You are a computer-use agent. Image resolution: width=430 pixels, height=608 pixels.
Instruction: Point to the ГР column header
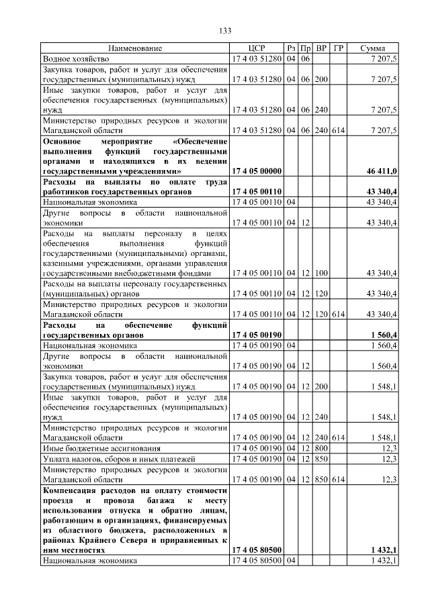point(339,49)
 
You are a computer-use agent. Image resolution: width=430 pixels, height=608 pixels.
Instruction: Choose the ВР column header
point(322,49)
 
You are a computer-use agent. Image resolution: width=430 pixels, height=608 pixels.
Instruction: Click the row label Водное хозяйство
point(71,59)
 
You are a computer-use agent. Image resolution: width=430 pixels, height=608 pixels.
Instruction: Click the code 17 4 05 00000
point(256,171)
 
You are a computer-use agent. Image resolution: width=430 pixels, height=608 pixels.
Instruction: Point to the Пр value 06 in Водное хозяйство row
point(305,59)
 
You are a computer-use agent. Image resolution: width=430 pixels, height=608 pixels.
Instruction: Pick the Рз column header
point(291,49)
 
